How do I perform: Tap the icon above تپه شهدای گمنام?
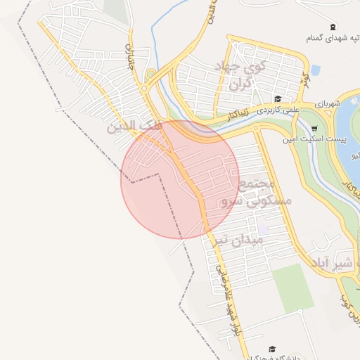click(x=333, y=26)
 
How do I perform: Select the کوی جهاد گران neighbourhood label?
click(x=248, y=75)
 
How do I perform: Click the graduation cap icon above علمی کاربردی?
click(x=277, y=100)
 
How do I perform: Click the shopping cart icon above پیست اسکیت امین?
click(x=314, y=128)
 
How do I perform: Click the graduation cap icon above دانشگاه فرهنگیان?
click(x=272, y=349)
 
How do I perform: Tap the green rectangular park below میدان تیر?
click(x=293, y=288)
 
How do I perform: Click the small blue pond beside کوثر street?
click(x=315, y=70)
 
